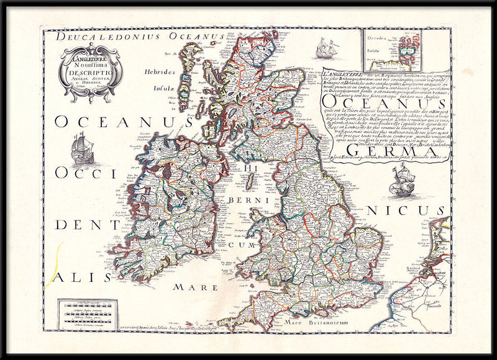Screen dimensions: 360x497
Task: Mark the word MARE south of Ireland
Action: [196, 287]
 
